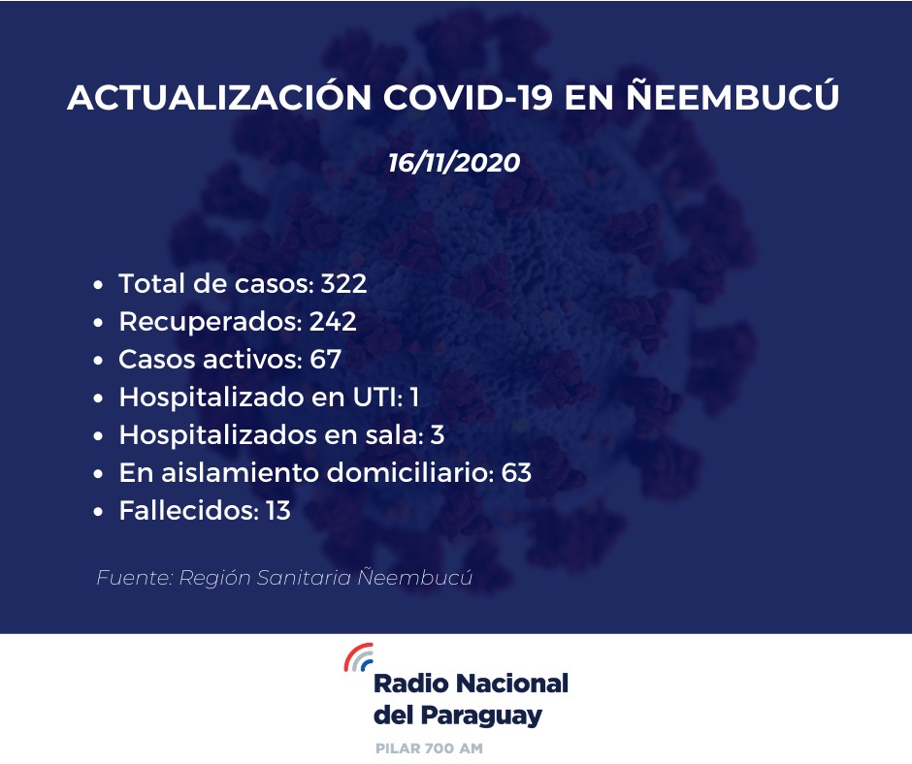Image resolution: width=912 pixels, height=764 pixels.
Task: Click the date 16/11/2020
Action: (454, 163)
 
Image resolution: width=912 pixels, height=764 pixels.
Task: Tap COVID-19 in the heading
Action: (468, 97)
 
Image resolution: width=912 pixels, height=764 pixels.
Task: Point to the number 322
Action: (343, 284)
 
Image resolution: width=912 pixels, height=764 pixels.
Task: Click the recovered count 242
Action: (333, 322)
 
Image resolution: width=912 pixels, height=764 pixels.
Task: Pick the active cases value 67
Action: (325, 360)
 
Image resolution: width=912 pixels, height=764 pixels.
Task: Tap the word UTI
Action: (377, 398)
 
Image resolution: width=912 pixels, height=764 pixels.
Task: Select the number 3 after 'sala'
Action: (438, 435)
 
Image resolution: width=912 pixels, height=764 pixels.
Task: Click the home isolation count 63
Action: (516, 473)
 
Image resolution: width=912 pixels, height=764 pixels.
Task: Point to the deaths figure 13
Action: (278, 511)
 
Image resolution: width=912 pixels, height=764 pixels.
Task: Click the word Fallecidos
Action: (188, 511)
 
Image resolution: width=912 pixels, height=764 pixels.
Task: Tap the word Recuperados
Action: (210, 323)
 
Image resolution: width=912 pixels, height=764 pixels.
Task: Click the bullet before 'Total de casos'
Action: (98, 285)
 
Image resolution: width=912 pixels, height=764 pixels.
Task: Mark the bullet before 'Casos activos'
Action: (98, 361)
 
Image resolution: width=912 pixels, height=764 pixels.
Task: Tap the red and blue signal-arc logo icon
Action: (358, 657)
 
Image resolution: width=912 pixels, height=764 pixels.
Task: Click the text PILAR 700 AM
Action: (429, 748)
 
